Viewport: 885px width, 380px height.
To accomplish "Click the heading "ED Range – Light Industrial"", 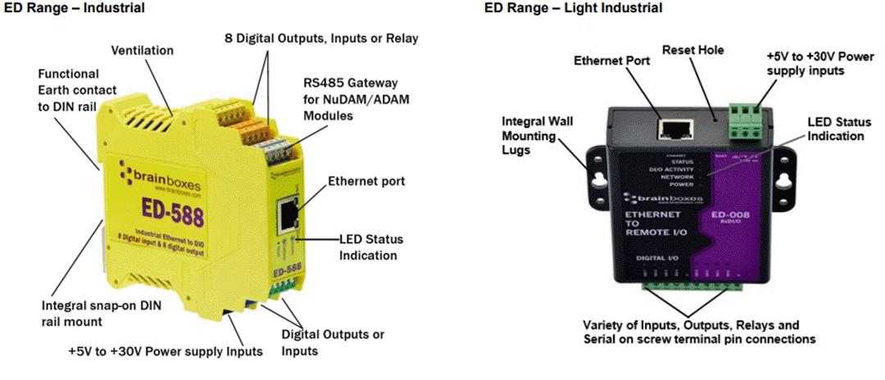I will click(573, 8).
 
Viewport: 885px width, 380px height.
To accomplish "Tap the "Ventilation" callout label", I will click(143, 51).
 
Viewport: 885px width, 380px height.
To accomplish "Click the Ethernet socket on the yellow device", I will click(288, 215).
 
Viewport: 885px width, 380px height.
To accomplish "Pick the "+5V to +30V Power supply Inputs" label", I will click(166, 352).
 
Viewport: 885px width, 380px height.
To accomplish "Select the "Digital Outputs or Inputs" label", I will click(333, 342).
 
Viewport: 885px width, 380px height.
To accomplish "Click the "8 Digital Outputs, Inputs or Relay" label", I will click(321, 38).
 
